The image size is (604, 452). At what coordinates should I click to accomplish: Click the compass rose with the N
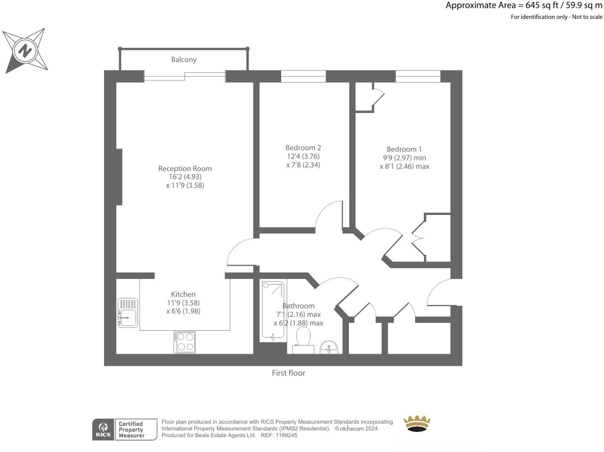25,51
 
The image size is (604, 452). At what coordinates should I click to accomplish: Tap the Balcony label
184,60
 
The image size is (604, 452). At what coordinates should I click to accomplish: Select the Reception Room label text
185,169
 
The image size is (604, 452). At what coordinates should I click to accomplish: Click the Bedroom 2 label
303,148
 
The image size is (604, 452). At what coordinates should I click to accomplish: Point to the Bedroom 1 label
404,149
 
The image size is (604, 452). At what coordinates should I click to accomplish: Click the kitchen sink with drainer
128,313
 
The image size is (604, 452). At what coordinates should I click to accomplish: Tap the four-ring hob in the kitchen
184,342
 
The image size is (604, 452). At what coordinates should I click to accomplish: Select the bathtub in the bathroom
273,310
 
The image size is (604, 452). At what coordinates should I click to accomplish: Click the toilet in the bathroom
303,341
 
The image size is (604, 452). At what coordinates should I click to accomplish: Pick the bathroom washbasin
329,347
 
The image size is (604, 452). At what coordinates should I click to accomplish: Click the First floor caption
289,373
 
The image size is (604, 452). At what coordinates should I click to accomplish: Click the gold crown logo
417,423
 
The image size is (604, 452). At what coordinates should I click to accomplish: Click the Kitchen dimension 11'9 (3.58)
183,303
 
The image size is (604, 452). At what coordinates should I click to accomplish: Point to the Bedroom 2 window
303,76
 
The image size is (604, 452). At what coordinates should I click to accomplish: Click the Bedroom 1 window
418,76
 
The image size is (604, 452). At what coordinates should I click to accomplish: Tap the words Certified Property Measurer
131,430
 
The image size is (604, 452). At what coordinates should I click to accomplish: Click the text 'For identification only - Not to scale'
556,17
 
